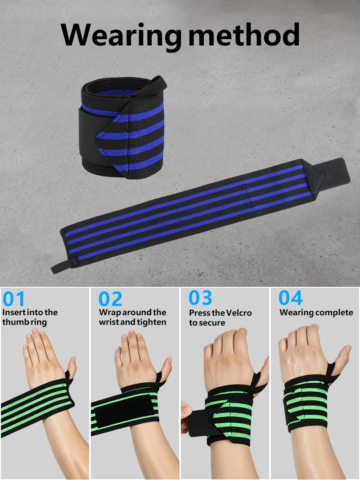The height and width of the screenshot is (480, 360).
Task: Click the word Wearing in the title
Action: (121, 36)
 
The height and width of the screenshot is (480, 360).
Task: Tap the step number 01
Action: (13, 299)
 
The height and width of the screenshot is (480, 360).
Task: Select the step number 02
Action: (110, 299)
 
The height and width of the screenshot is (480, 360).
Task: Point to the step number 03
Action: (200, 298)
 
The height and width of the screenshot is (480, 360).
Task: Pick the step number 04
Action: (290, 298)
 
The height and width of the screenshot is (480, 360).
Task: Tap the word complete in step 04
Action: (335, 313)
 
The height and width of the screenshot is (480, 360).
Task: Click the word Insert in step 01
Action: (13, 312)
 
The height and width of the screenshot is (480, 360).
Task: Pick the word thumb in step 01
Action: (13, 322)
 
